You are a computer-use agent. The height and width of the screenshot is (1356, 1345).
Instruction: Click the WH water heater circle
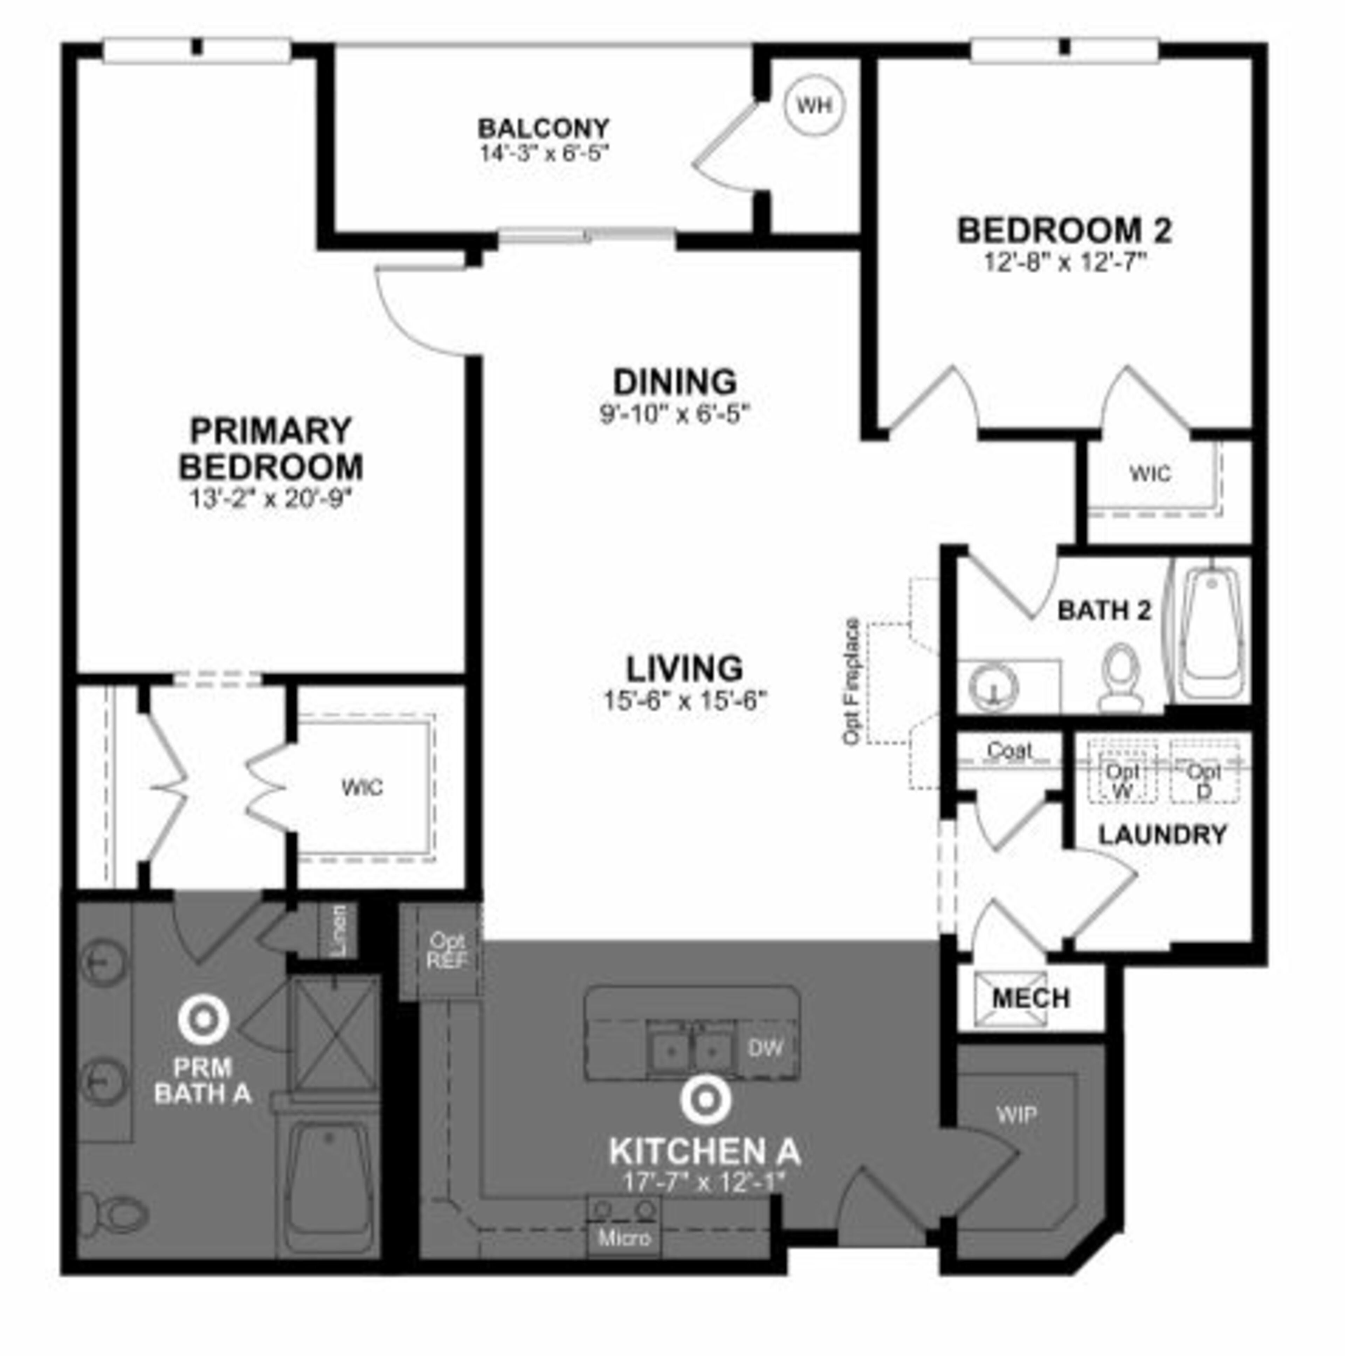tap(814, 105)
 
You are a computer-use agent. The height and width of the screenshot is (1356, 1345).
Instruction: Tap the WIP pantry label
tap(1016, 1115)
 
